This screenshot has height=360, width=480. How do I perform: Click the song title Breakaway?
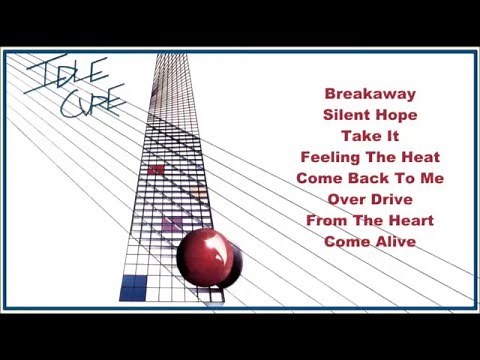(369, 93)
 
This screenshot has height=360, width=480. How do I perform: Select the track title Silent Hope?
(369, 114)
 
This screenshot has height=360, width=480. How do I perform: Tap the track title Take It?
(369, 135)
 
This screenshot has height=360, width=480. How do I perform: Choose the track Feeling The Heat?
(369, 156)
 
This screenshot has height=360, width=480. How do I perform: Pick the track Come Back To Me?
(369, 177)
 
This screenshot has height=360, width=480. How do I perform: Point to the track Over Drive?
(369, 198)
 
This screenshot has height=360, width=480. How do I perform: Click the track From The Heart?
(369, 219)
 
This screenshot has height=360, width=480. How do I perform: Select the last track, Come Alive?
(369, 240)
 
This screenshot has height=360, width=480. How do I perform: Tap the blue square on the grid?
(133, 288)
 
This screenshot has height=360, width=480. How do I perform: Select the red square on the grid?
(156, 170)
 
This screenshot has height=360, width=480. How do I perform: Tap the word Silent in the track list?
(345, 114)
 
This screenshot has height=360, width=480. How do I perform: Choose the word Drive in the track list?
(393, 198)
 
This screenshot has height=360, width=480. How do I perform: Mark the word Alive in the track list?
(393, 240)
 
